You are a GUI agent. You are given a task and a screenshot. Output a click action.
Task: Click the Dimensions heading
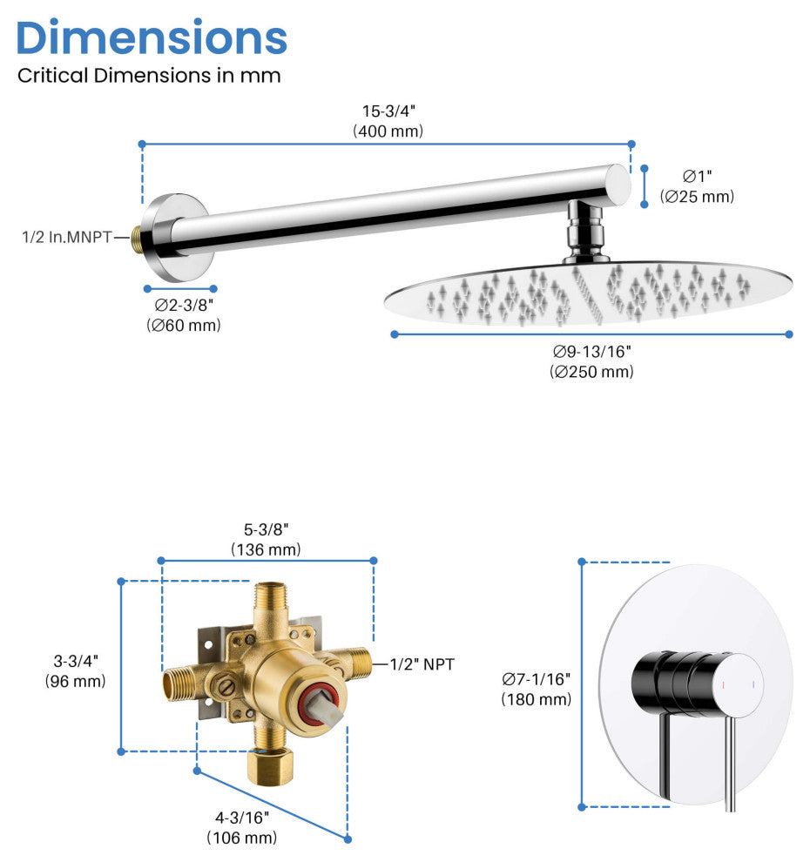click(x=152, y=37)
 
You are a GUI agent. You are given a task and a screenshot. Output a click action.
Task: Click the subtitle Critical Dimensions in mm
click(x=149, y=76)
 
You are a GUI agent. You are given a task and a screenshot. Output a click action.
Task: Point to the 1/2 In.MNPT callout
click(x=67, y=236)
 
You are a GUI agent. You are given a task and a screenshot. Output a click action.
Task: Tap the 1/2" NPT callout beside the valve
click(x=422, y=664)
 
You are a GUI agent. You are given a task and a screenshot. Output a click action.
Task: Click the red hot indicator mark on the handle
click(x=724, y=685)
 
